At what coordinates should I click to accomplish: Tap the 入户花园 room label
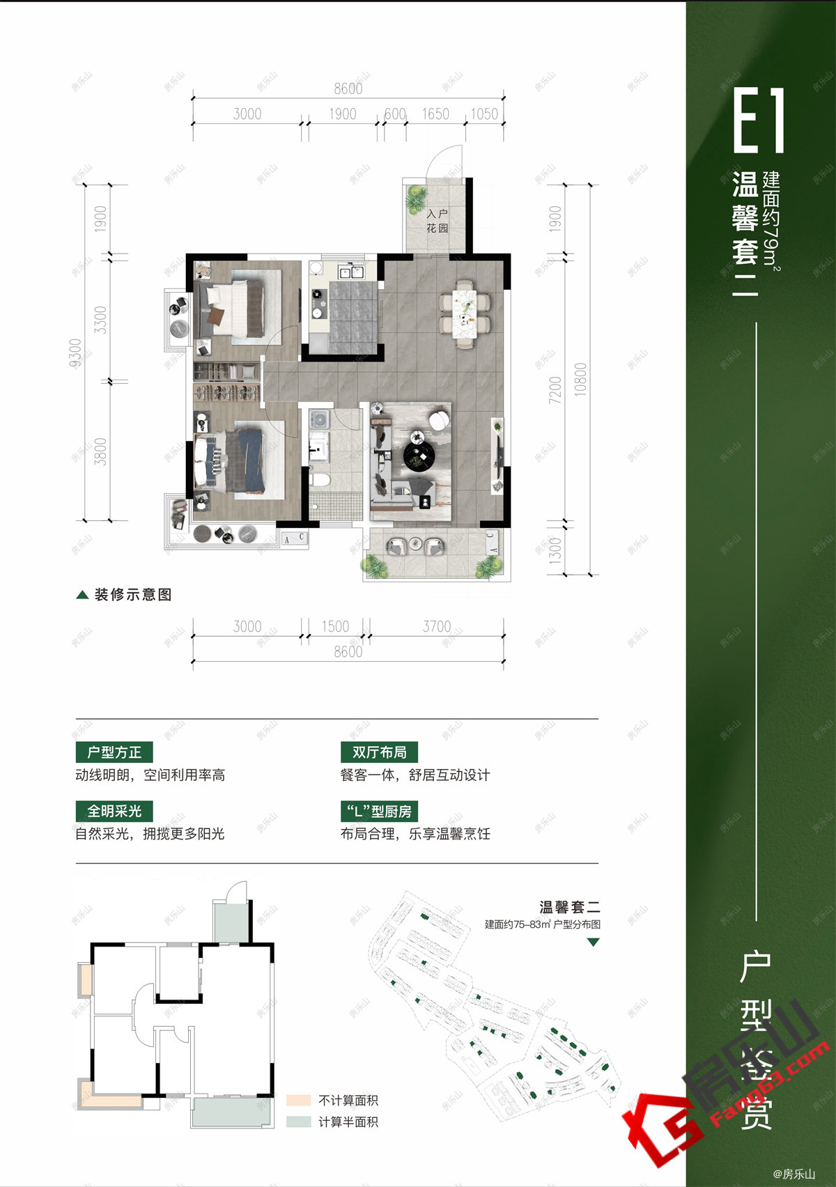click(x=437, y=221)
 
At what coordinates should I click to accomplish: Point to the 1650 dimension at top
click(x=435, y=114)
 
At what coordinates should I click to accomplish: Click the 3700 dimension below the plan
click(x=437, y=626)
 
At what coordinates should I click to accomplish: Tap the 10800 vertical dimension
click(x=580, y=380)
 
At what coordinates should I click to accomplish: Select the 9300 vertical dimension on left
click(x=75, y=352)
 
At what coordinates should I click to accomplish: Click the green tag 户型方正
click(x=114, y=752)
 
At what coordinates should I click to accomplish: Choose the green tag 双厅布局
click(x=379, y=752)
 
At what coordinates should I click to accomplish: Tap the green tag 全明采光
click(x=114, y=811)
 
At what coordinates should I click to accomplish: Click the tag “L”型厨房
click(x=379, y=811)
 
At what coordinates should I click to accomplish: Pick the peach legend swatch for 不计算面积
click(x=298, y=1101)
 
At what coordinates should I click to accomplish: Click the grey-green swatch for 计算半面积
click(x=298, y=1122)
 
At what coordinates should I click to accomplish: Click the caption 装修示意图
click(x=132, y=594)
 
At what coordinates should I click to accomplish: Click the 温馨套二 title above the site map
click(x=569, y=907)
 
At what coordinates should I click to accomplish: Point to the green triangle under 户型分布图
click(x=594, y=942)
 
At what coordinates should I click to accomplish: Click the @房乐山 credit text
click(x=794, y=1174)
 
